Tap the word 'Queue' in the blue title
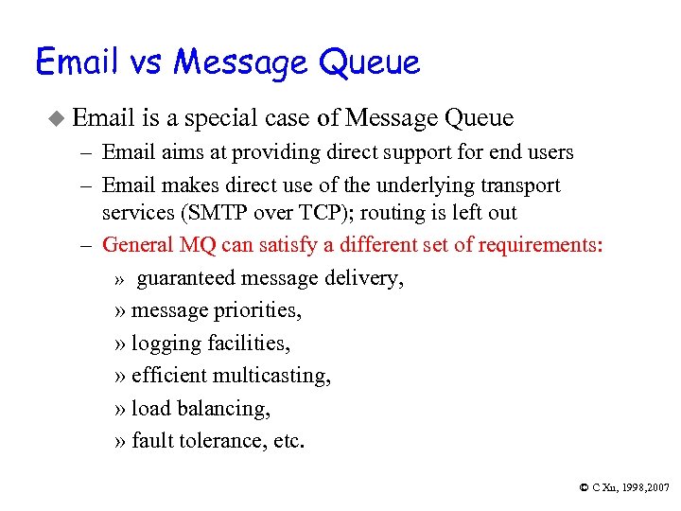pyautogui.click(x=370, y=64)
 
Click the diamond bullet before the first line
pyautogui.click(x=56, y=118)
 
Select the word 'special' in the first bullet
pyautogui.click(x=219, y=118)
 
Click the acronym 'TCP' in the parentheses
pyautogui.click(x=304, y=213)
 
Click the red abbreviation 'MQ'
pyautogui.click(x=200, y=245)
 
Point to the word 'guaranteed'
pyautogui.click(x=186, y=278)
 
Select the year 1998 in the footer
pyautogui.click(x=629, y=487)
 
